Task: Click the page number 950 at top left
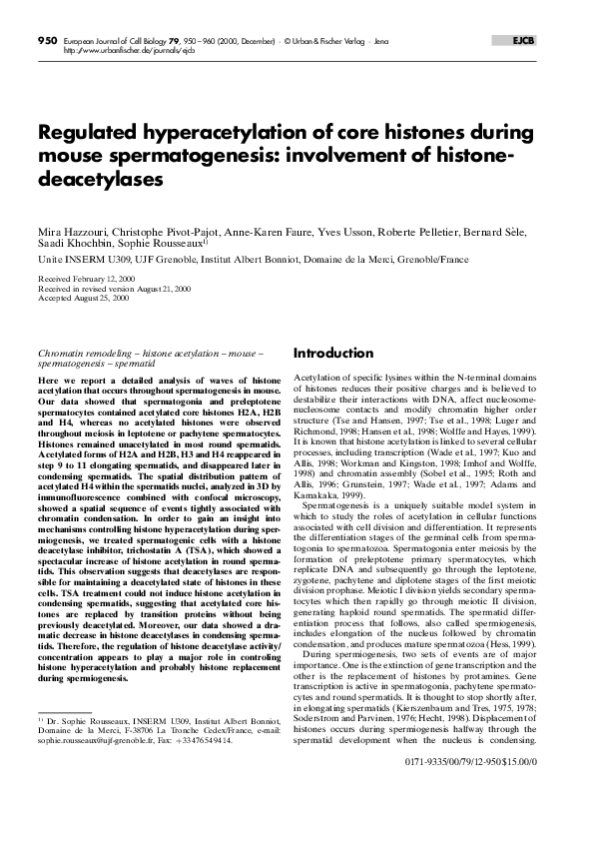[x=48, y=40]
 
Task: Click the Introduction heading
[x=332, y=355]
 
